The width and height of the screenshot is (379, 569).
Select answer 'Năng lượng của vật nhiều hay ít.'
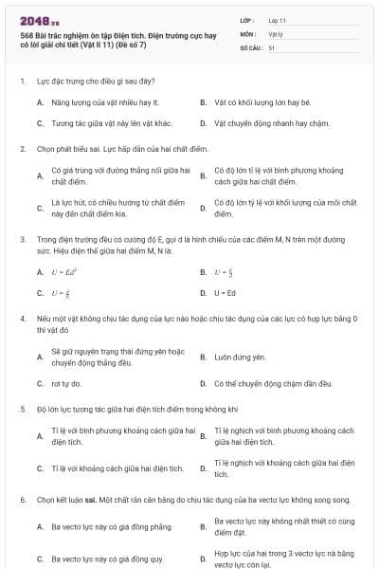103,101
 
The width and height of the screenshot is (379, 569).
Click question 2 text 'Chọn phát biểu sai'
83,149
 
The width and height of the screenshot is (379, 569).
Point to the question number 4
22,320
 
